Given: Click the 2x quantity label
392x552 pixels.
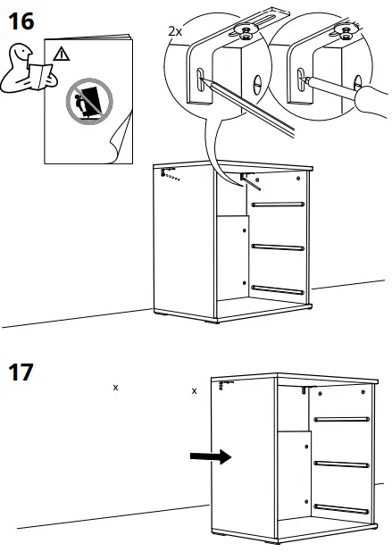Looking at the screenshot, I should [x=174, y=30].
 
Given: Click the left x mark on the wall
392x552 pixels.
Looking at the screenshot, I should [x=115, y=388].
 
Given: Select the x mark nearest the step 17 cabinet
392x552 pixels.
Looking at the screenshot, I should [x=195, y=390].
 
